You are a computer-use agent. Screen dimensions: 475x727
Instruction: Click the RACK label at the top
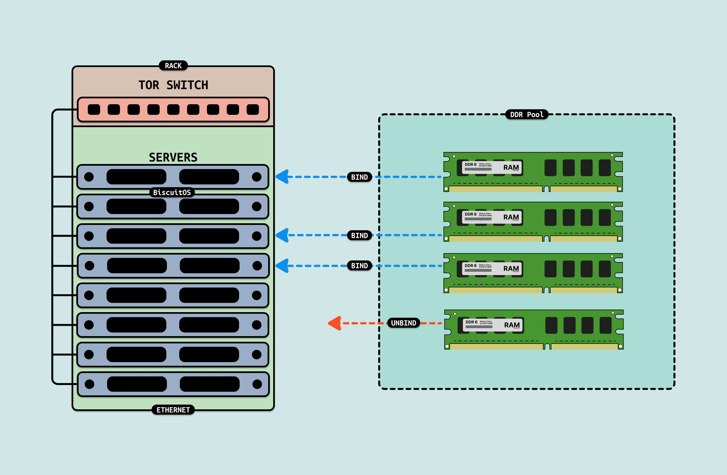tap(173, 66)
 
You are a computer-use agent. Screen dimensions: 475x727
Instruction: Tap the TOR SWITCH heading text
tap(173, 85)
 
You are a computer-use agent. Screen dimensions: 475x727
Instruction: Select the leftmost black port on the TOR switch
tap(94, 110)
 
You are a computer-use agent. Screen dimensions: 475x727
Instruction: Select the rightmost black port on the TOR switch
tap(252, 110)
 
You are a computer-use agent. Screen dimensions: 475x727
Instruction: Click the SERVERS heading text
tap(173, 158)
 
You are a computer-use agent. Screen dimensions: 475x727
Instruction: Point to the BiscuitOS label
tap(172, 192)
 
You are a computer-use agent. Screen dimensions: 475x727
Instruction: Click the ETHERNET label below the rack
tap(173, 410)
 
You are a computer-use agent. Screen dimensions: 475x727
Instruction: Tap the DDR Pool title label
tap(527, 115)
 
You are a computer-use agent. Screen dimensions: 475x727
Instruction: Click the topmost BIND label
tap(359, 177)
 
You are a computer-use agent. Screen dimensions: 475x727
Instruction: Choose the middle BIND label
tap(359, 235)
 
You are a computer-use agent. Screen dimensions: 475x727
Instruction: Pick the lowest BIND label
tap(359, 266)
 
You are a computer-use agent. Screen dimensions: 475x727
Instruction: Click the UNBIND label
tap(403, 323)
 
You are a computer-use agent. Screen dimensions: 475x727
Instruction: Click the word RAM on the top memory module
tap(511, 167)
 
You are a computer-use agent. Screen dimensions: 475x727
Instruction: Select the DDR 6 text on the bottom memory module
tap(471, 322)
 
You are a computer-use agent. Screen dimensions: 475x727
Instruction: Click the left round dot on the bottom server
tap(89, 384)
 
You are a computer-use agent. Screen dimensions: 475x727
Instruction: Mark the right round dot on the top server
tap(257, 177)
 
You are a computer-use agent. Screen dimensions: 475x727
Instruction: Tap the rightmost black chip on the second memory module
tap(605, 217)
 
